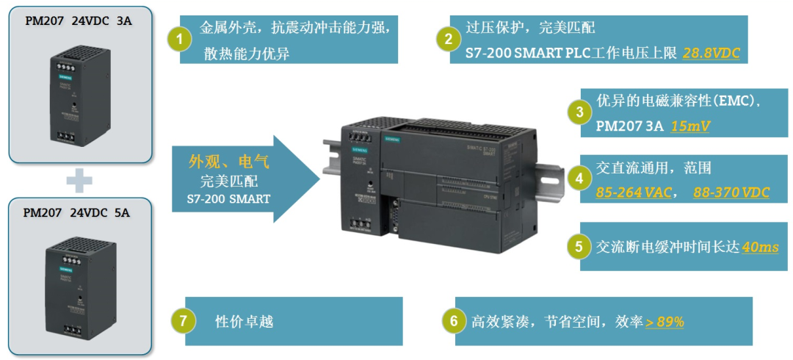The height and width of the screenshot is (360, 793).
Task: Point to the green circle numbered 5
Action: tap(579, 247)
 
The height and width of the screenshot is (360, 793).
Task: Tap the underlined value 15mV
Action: tap(689, 126)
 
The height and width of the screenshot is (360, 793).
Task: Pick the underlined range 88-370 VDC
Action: tap(731, 192)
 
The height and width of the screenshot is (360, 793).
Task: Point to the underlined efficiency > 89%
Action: tap(665, 322)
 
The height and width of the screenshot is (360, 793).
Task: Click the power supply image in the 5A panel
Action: tap(79, 286)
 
